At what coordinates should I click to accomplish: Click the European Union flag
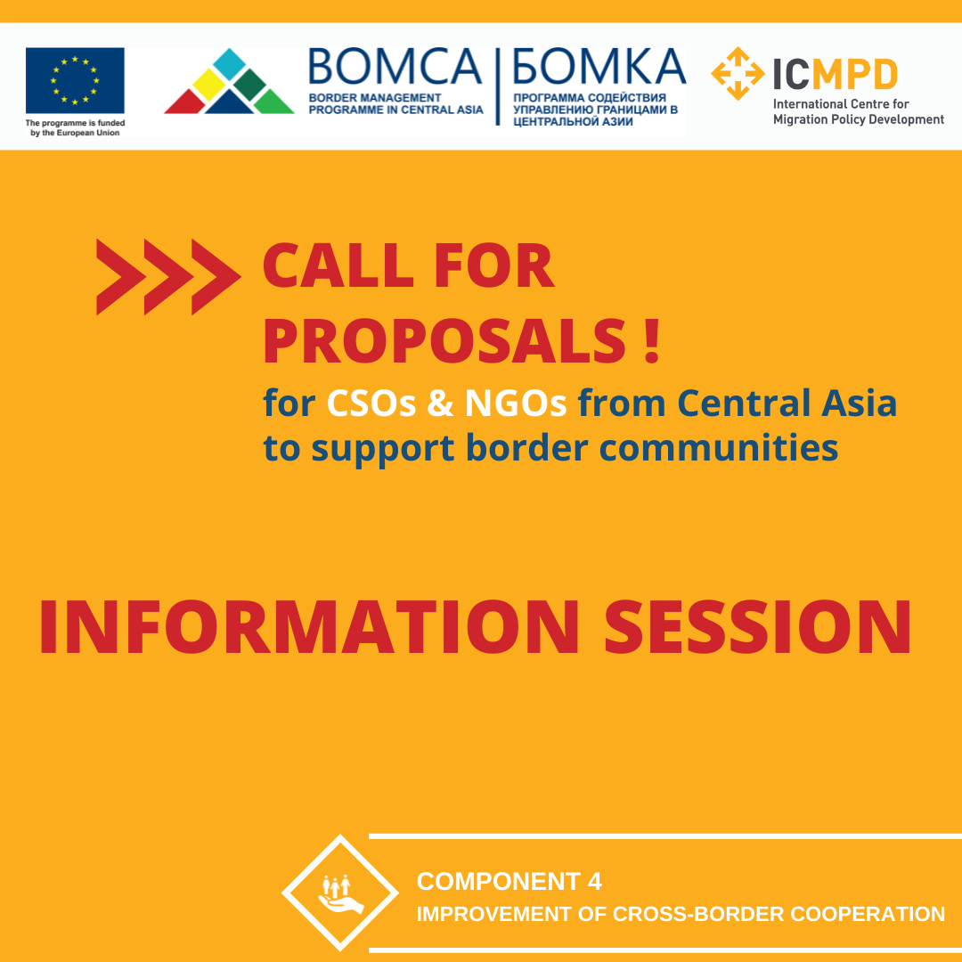tap(75, 80)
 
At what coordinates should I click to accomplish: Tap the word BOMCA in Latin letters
tap(395, 66)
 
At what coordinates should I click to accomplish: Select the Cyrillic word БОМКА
tap(599, 66)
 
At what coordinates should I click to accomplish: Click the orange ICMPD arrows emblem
tap(738, 74)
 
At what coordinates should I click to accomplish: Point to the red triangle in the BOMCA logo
tap(186, 102)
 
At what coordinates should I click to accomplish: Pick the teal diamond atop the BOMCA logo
tap(229, 64)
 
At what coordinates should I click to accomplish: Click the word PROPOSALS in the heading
tap(444, 340)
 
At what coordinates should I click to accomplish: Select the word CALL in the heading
tap(338, 265)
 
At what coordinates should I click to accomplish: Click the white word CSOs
tap(371, 404)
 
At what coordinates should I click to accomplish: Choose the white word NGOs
tap(516, 404)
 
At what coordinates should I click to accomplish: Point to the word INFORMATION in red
tap(309, 627)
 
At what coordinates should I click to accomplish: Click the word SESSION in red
tap(758, 627)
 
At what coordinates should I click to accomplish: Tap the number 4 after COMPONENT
tap(594, 882)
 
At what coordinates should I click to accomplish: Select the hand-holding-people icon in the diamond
tap(340, 894)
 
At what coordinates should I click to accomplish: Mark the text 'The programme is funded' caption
tap(75, 123)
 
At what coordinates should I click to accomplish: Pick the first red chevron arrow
tap(121, 277)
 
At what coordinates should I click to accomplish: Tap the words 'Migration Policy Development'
tap(859, 119)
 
